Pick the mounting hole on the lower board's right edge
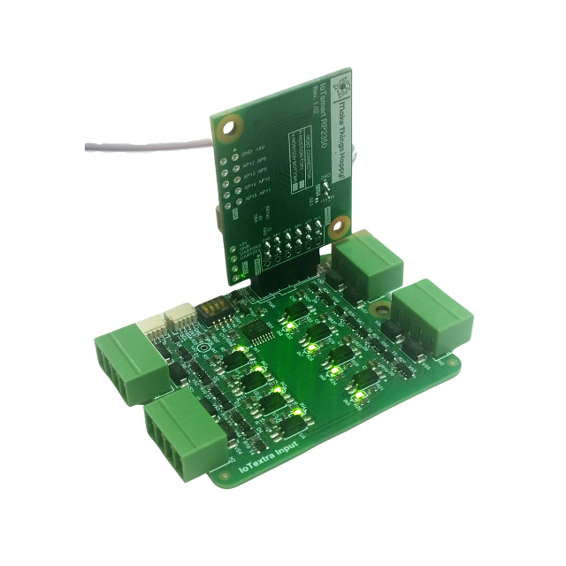pos(381,308)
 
